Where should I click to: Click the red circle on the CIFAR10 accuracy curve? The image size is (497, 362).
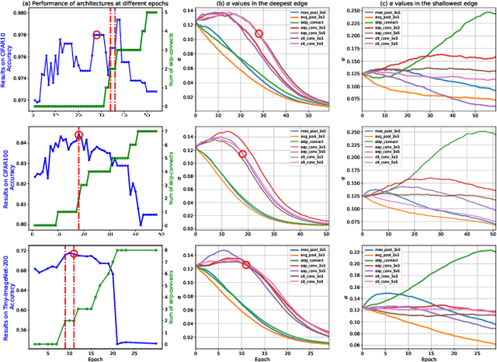point(97,35)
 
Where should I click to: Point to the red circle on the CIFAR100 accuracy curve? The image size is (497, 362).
point(78,135)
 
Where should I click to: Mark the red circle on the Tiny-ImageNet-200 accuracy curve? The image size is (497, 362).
point(74,254)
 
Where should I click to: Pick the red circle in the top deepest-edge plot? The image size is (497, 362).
point(259,33)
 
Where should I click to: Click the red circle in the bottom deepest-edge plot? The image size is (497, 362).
point(246,265)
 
